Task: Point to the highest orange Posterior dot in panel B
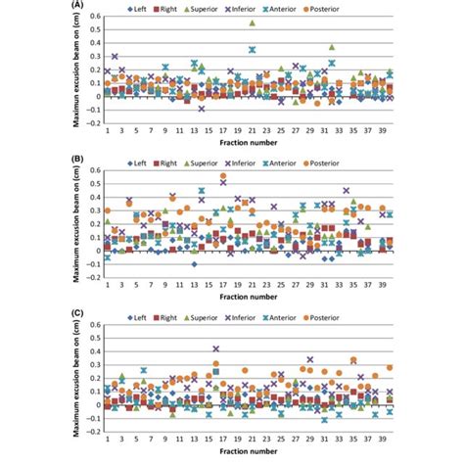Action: (x=223, y=177)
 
